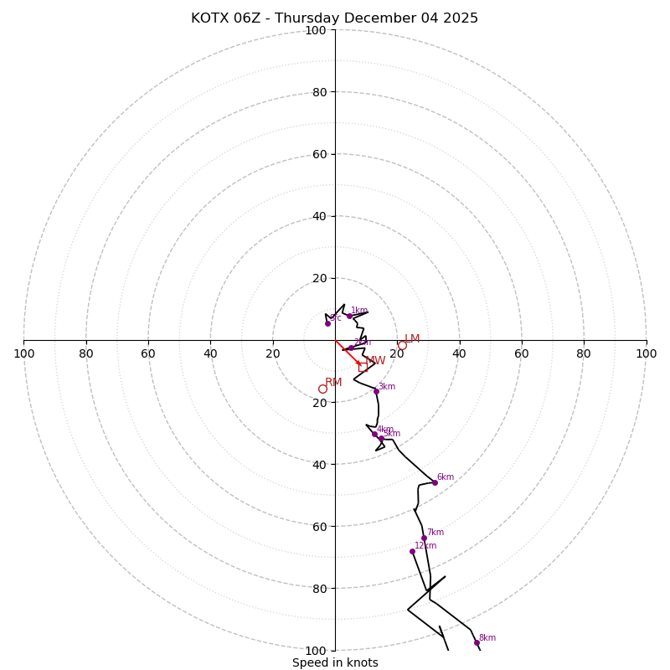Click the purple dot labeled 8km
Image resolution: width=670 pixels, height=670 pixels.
pos(477,643)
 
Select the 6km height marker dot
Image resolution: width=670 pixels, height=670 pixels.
pos(435,482)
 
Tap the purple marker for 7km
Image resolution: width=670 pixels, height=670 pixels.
pos(424,538)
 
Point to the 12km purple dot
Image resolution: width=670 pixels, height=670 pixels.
pos(412,551)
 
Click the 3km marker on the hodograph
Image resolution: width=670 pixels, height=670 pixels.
pos(376,391)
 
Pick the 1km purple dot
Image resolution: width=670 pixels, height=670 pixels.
pos(349,316)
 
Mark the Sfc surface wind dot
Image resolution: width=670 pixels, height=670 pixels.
pos(327,323)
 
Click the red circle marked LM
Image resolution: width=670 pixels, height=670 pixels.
pos(402,345)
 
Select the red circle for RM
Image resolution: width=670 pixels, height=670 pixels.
pos(322,389)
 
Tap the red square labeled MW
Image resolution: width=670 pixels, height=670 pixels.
pos(363,367)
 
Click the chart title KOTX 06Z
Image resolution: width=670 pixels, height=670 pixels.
pos(334,18)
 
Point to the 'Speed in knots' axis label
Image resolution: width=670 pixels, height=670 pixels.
pos(335,662)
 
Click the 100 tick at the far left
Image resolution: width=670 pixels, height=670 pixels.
pos(23,353)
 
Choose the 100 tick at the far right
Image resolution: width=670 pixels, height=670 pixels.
pos(646,353)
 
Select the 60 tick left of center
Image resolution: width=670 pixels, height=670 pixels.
pos(148,353)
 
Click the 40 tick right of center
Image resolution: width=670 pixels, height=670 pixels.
pos(459,353)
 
